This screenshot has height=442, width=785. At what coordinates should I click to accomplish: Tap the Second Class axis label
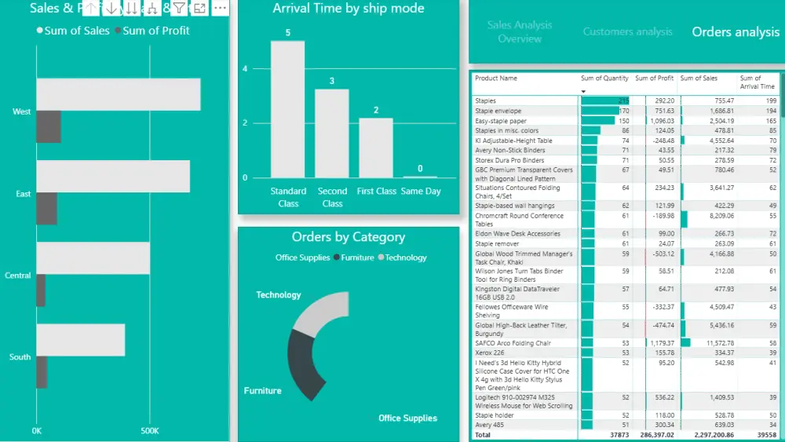332,197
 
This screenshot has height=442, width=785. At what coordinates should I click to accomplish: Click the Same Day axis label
421,191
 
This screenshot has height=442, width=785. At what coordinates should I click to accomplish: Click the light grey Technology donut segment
322,311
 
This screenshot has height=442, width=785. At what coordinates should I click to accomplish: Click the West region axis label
22,111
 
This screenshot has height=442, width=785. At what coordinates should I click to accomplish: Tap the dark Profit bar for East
46,208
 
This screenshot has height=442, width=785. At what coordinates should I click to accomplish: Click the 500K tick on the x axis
150,431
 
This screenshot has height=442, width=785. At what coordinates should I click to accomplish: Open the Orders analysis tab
736,32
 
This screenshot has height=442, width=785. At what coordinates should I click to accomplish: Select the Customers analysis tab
627,32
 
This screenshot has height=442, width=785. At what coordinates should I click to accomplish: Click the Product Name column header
496,79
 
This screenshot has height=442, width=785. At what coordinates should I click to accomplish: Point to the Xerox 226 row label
490,353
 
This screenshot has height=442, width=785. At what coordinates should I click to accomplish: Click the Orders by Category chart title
348,237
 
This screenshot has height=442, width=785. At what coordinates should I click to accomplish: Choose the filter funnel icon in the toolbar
179,8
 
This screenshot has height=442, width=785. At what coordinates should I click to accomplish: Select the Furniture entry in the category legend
357,258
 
